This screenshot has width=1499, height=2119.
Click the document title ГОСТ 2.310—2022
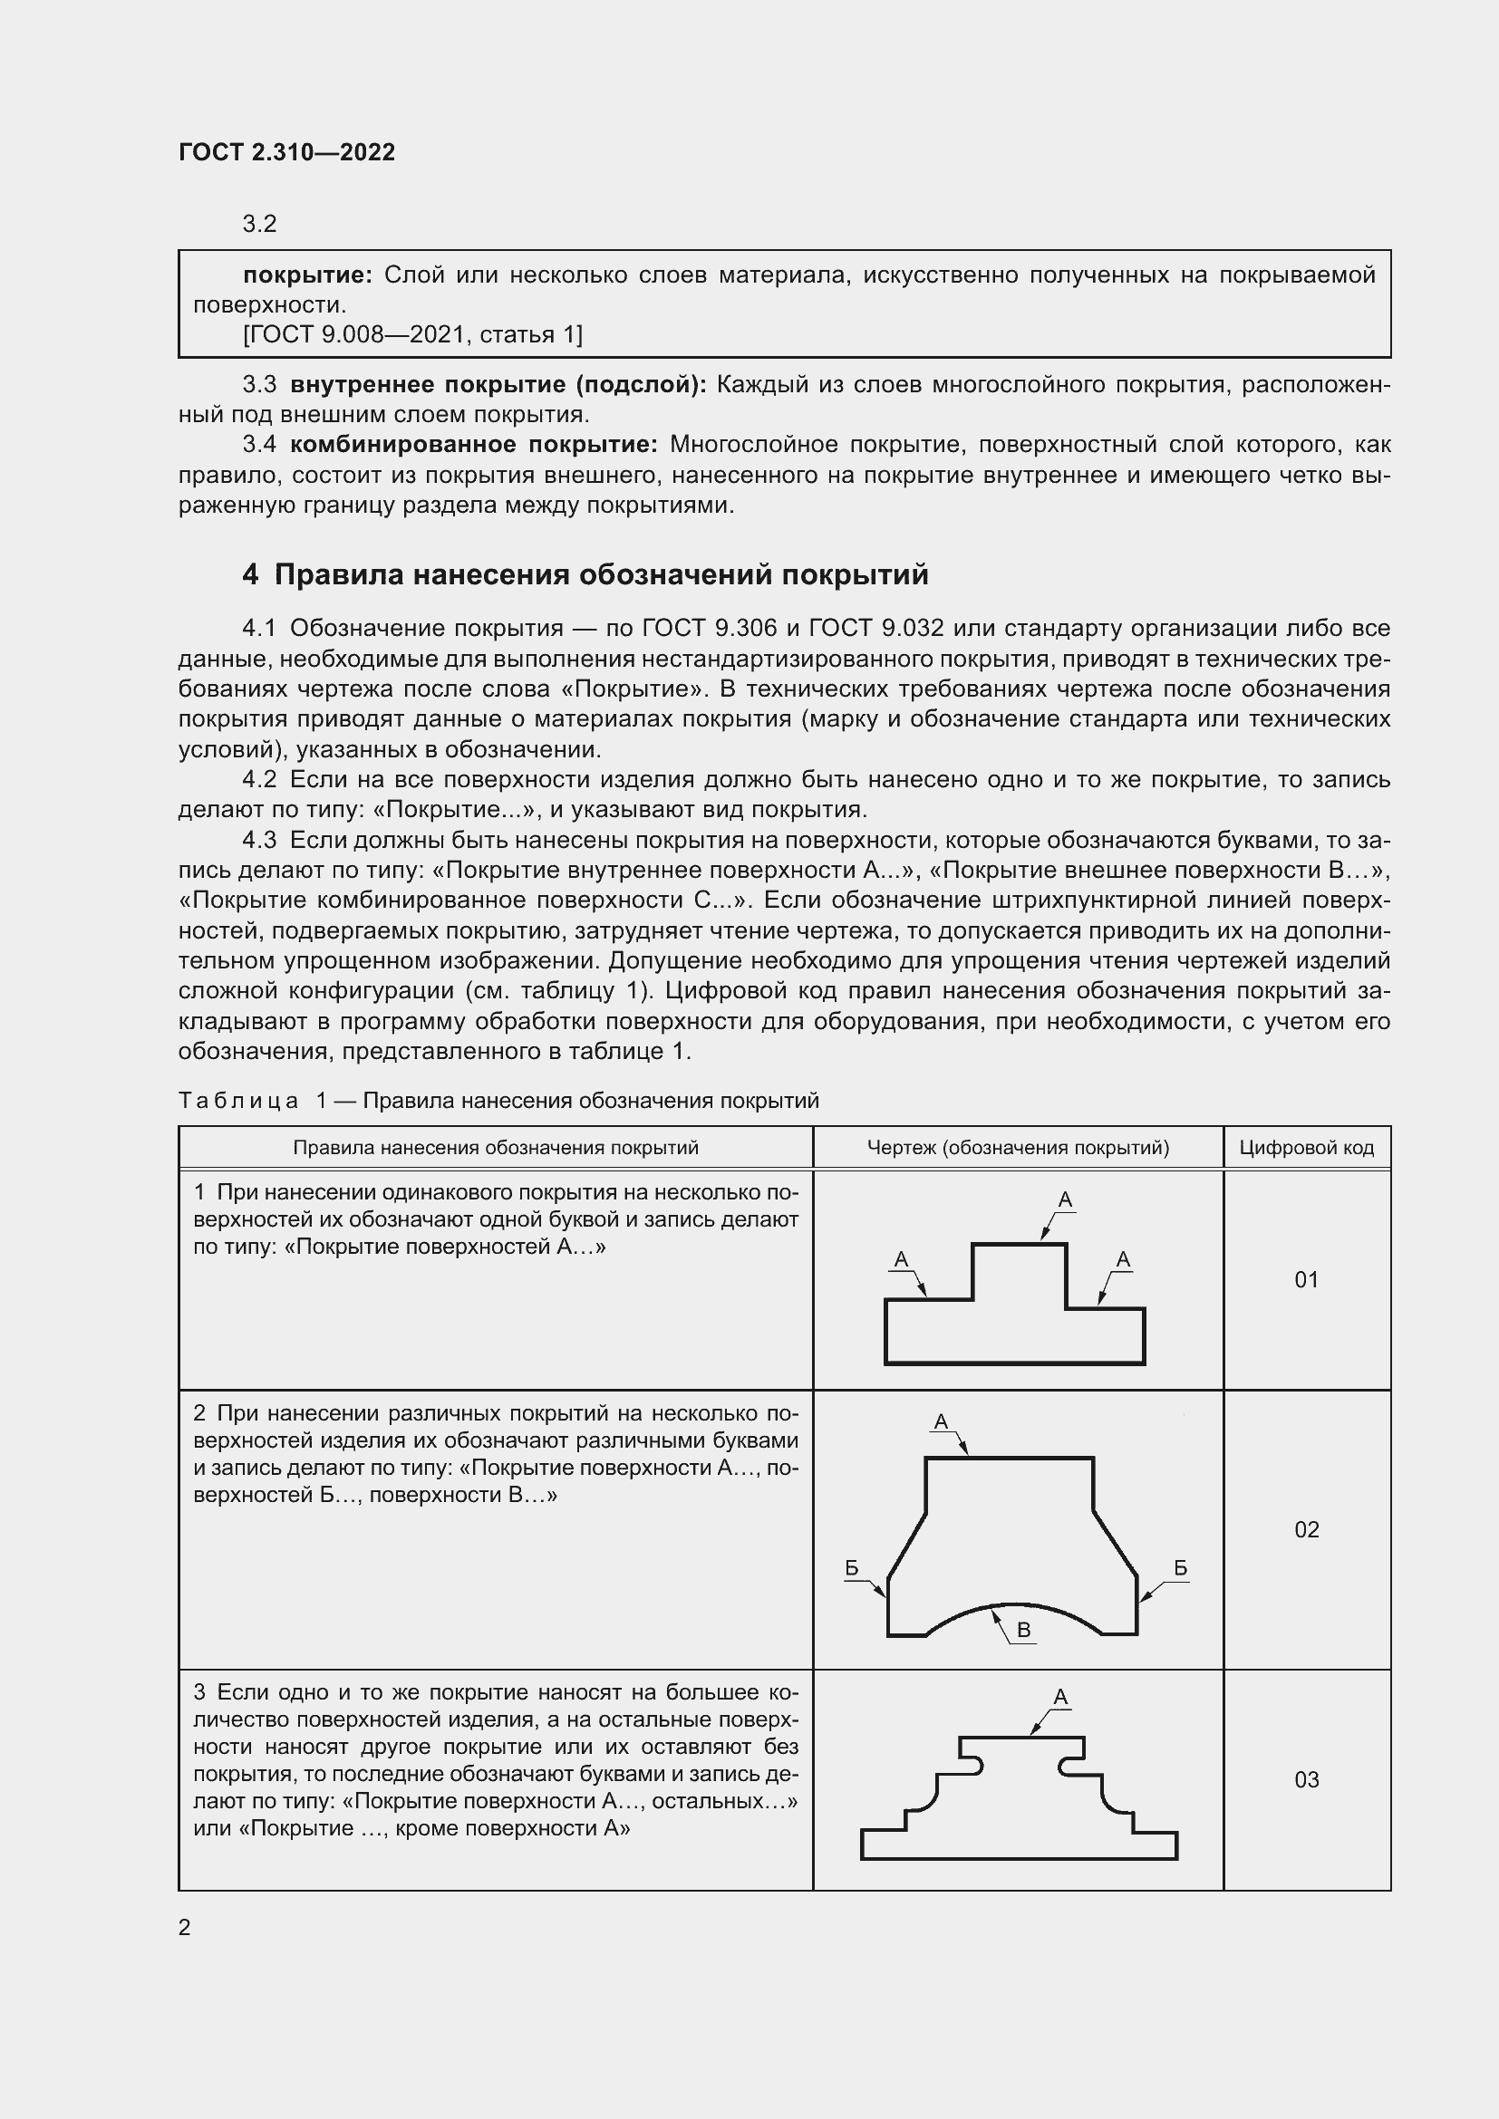point(286,152)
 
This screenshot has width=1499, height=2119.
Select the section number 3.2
point(259,225)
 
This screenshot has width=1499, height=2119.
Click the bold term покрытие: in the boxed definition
point(307,275)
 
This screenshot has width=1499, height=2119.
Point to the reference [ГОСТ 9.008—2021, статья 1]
point(412,334)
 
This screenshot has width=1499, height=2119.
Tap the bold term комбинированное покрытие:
point(473,445)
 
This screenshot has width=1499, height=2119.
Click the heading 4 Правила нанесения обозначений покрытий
point(585,574)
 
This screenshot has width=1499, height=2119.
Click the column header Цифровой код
point(1306,1147)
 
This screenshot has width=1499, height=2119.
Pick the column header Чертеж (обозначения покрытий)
point(1017,1147)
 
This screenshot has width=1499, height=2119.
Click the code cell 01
point(1306,1279)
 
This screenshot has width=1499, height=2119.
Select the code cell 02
point(1306,1529)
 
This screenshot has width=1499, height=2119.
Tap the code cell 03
point(1306,1779)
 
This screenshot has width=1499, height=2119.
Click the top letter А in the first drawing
point(1065,1199)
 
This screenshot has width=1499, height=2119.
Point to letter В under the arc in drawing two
point(1023,1631)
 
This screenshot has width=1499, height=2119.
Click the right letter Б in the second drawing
point(1181,1568)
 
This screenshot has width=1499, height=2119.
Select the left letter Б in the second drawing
point(852,1568)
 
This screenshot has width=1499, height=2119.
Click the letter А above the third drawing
point(1060,1697)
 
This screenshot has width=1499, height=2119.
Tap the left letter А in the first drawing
point(902,1260)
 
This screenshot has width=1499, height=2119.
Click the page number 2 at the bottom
point(185,1927)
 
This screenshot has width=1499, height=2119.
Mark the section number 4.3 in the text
point(259,840)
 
